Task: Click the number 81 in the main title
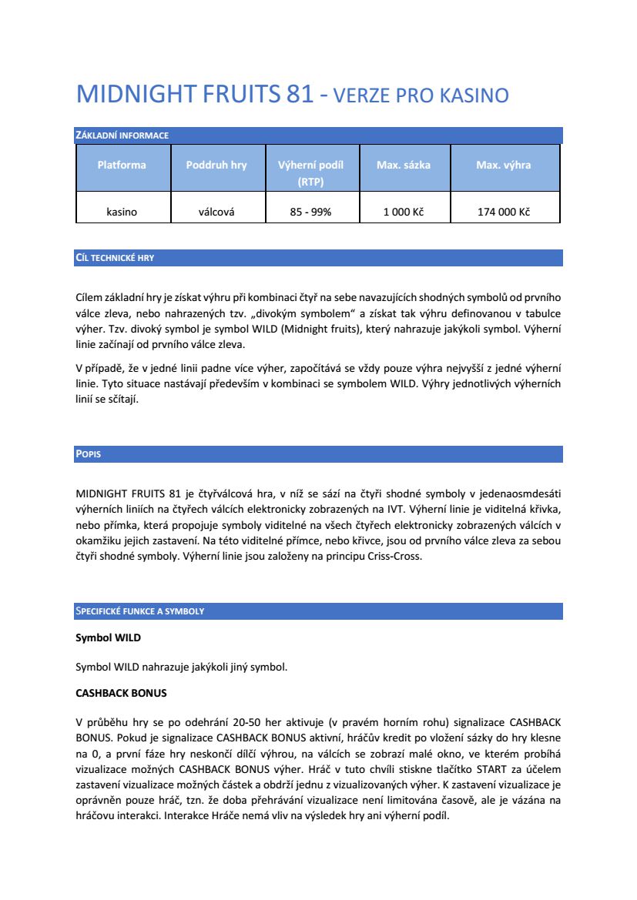click(300, 95)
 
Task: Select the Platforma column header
click(122, 165)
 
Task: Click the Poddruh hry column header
click(216, 165)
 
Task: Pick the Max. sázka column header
click(404, 165)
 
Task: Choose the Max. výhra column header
click(504, 165)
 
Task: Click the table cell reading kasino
click(122, 212)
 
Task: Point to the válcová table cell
click(216, 212)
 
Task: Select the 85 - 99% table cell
click(310, 212)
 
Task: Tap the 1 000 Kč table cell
click(404, 212)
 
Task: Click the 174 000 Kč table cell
click(504, 212)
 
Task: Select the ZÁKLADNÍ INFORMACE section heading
click(122, 136)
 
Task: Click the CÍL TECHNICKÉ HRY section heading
click(115, 258)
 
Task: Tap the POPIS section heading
click(89, 454)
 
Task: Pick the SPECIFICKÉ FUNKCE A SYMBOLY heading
click(139, 611)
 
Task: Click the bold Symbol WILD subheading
click(108, 638)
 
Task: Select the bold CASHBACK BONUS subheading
click(121, 693)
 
